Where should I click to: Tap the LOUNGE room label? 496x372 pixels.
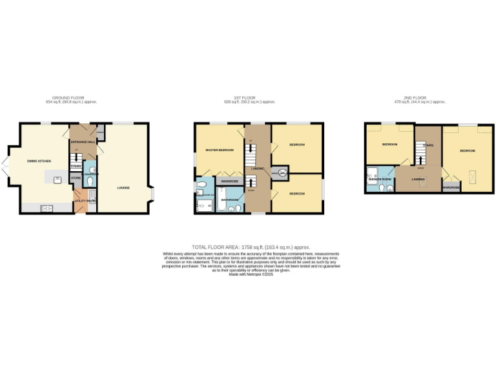pos(123,188)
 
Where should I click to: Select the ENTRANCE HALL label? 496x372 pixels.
pos(83,141)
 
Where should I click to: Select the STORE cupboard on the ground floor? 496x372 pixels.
pos(76,176)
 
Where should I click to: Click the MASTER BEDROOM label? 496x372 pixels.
pos(220,150)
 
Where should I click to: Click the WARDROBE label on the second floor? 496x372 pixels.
pos(451,188)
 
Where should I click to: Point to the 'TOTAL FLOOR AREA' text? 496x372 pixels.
pos(251,247)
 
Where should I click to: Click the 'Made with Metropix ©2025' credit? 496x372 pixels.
pos(251,274)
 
